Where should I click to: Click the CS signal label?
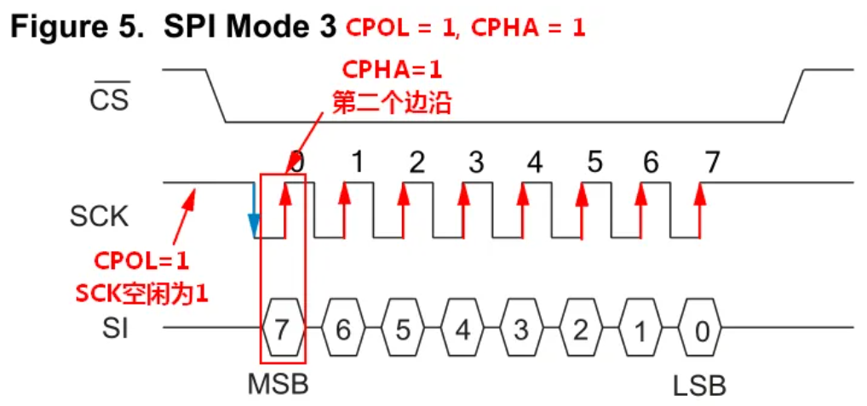(x=110, y=100)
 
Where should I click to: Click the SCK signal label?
(x=99, y=216)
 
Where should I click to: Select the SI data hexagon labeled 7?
(x=283, y=329)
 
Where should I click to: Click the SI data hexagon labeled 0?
(x=700, y=329)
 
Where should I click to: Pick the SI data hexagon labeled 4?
(x=462, y=329)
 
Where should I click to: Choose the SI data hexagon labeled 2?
(x=581, y=329)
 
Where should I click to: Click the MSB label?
(x=278, y=384)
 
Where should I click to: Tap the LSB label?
(x=699, y=385)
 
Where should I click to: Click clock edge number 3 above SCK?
(x=475, y=162)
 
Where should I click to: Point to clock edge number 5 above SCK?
(x=594, y=162)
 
